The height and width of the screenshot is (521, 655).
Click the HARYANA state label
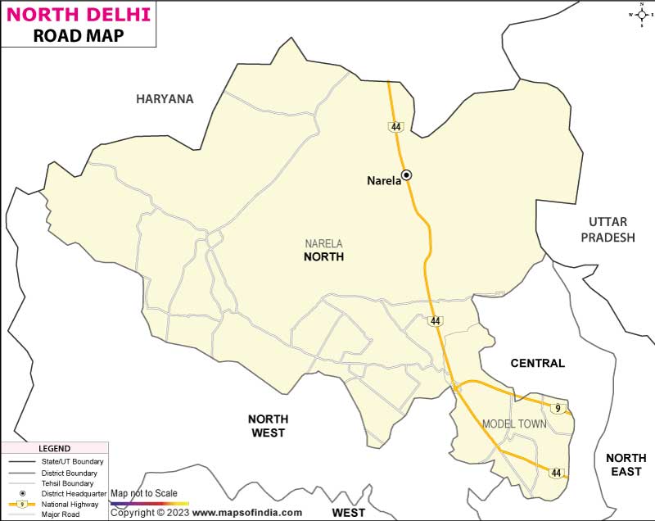[165, 99]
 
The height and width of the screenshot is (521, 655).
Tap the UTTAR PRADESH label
[608, 229]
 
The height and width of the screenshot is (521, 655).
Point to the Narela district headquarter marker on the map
[406, 174]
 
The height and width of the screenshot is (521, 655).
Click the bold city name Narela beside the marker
[383, 181]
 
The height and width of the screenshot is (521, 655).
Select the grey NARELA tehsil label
[323, 243]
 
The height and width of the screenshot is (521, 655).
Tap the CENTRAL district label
[537, 363]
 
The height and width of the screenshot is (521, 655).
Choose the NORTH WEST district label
[267, 425]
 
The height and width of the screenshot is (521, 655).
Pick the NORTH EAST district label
[626, 464]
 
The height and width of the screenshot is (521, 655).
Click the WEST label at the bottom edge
[348, 513]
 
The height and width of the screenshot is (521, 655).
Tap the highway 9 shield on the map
[558, 408]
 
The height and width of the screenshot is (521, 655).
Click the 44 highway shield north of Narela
[396, 127]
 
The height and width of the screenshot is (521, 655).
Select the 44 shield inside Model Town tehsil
[557, 473]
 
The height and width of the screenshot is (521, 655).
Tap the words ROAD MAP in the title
[79, 35]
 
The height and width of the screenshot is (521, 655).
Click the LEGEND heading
[55, 449]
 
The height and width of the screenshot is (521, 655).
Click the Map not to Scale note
[144, 493]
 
